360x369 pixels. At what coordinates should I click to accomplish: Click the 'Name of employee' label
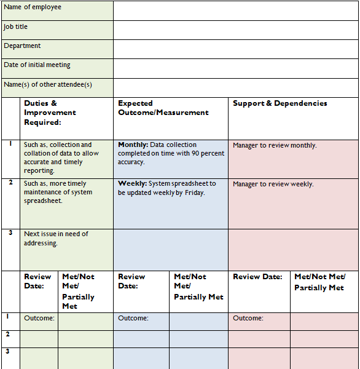click(33, 7)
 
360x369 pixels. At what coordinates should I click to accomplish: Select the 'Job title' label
click(16, 27)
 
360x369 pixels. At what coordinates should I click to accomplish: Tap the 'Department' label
click(22, 46)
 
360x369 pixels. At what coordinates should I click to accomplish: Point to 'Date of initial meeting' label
click(37, 65)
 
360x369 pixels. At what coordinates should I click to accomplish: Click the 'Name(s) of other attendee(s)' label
click(48, 84)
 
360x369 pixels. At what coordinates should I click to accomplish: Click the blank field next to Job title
click(235, 30)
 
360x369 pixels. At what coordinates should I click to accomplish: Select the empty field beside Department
click(235, 49)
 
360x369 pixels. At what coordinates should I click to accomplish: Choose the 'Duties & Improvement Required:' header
click(50, 113)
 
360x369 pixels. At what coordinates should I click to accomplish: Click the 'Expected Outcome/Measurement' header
click(163, 108)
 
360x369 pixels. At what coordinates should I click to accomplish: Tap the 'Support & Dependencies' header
click(280, 103)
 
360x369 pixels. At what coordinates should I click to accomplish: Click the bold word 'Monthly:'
click(133, 145)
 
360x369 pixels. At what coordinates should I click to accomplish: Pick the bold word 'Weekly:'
click(131, 183)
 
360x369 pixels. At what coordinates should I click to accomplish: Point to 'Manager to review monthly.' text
click(275, 146)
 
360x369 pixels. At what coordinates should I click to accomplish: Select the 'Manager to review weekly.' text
click(273, 184)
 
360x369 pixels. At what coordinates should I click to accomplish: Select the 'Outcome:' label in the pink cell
click(248, 318)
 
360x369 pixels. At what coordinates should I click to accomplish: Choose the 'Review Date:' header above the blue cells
click(131, 281)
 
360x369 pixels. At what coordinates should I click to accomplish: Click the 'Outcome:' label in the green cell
click(39, 318)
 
